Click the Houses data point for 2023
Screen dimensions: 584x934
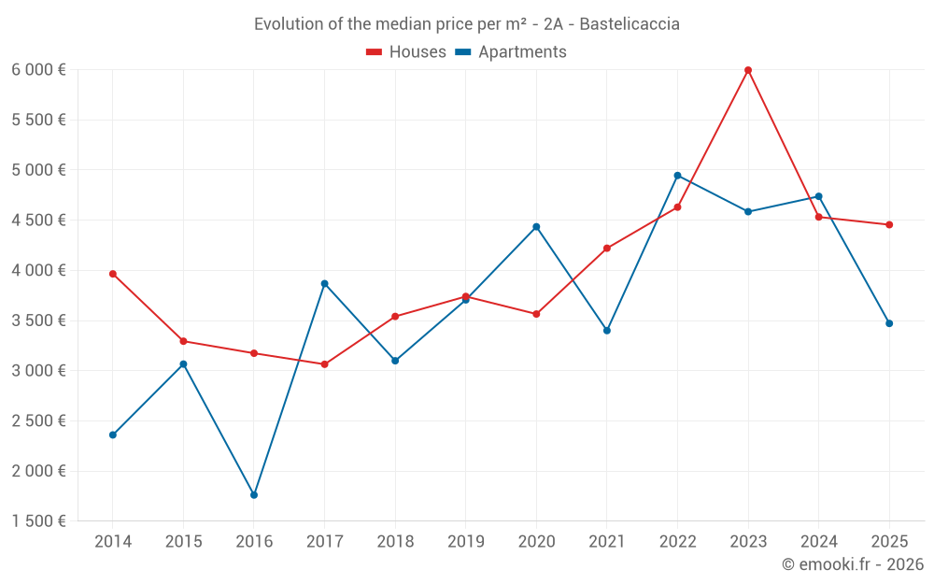748,70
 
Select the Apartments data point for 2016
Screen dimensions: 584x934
254,495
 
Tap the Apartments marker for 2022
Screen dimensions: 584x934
677,176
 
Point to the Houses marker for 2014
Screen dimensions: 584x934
113,274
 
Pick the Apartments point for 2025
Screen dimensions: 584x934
889,323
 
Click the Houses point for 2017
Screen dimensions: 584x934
324,364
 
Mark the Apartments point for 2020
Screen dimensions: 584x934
536,227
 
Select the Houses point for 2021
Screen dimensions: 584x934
607,249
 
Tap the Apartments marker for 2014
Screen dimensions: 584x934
113,434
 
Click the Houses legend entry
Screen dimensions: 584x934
406,52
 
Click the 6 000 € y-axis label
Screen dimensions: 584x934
38,70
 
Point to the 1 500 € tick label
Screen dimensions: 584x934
38,521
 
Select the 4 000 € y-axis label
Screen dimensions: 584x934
38,271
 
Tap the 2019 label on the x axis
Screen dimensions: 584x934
465,542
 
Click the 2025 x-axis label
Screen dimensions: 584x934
889,542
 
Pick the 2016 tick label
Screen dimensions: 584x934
254,542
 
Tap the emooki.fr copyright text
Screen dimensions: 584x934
852,564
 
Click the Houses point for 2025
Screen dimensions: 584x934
889,224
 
